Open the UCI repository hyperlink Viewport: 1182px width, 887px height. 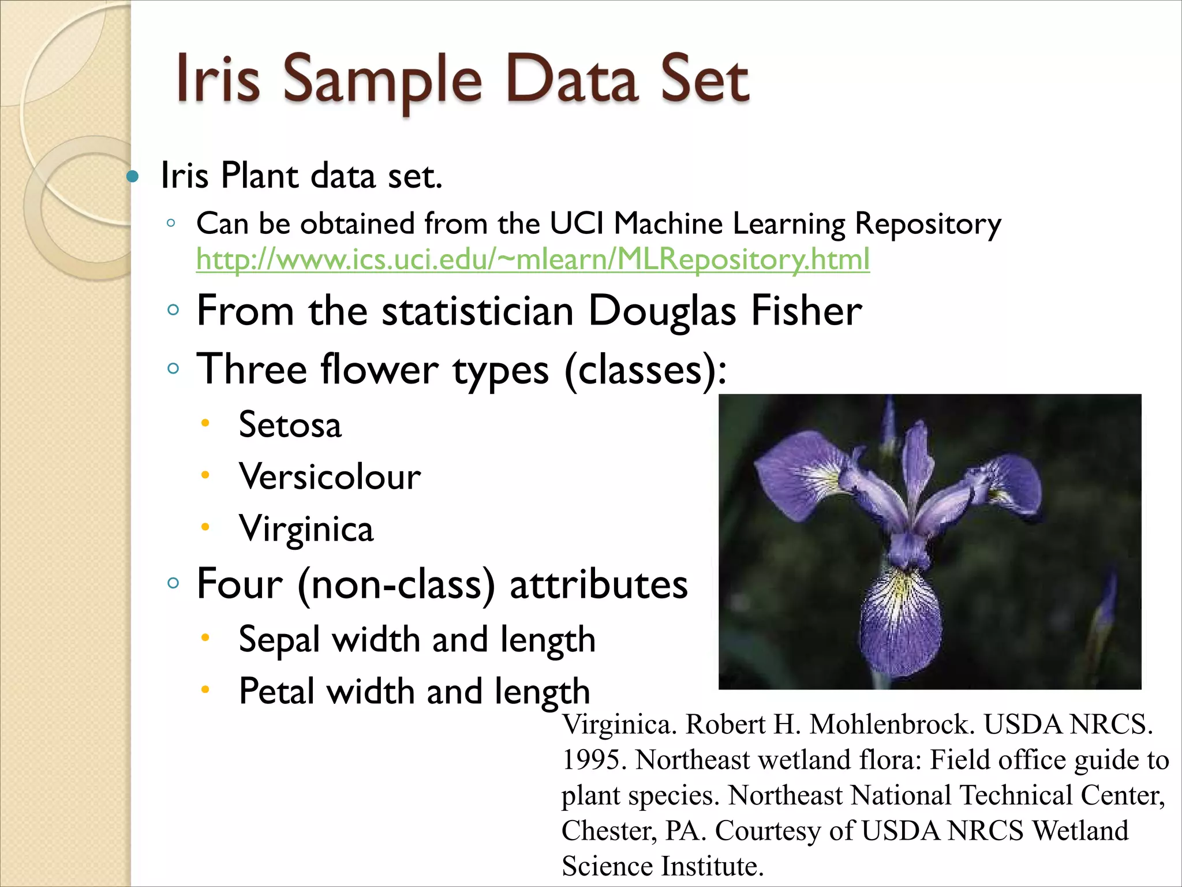click(532, 259)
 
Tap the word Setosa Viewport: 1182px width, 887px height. click(290, 425)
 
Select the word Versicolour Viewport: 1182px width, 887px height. click(330, 477)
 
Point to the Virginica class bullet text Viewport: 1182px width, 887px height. click(306, 529)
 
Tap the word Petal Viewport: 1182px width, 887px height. click(276, 691)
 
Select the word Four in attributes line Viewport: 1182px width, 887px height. click(240, 584)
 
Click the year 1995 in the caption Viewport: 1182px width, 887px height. click(594, 760)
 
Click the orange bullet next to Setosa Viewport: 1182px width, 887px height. click(205, 423)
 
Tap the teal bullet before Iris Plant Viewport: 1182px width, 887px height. click(133, 176)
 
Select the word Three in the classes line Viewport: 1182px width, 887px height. click(252, 369)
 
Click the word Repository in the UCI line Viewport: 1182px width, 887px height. click(927, 224)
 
